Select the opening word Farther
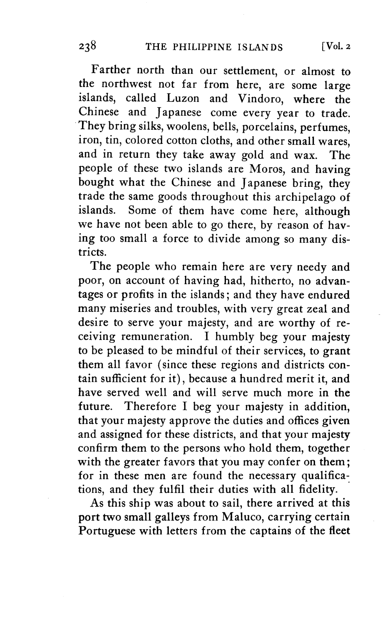[x=111, y=71]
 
